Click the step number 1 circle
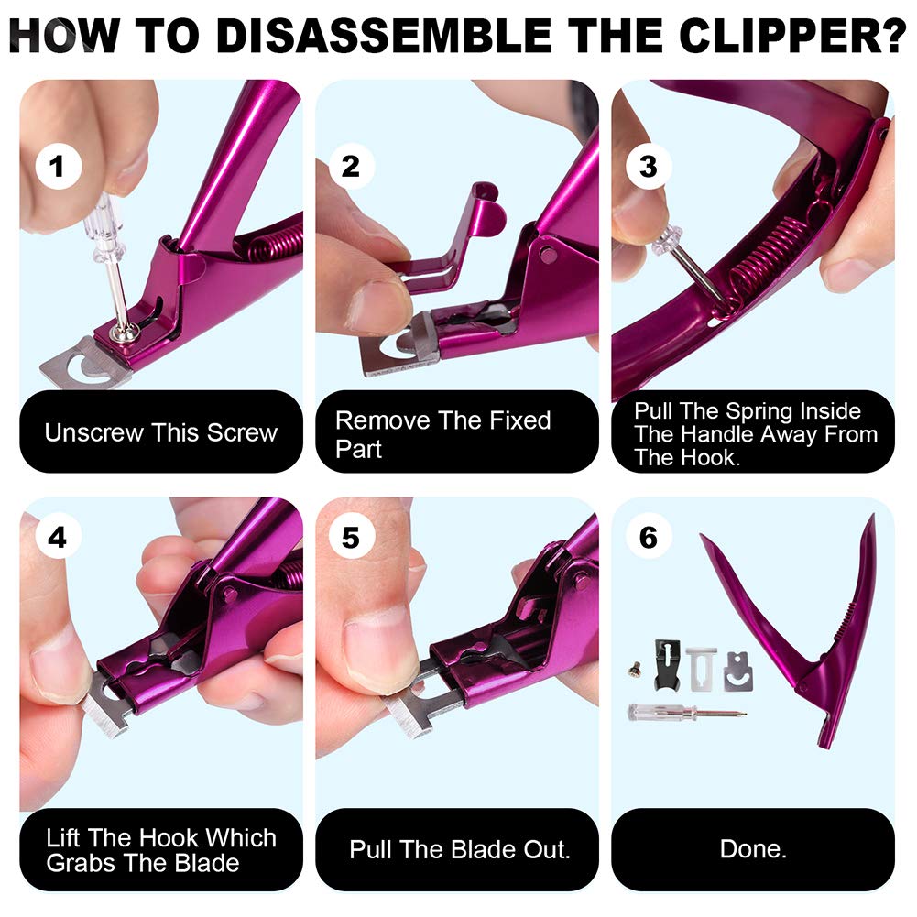tap(58, 167)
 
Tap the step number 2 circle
tap(351, 167)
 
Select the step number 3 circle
tap(649, 167)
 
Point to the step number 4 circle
tap(58, 538)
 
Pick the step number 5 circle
tap(351, 538)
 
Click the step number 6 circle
tap(649, 538)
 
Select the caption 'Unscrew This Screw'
tap(160, 432)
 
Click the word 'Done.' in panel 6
tap(753, 849)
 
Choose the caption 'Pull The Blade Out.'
tap(460, 849)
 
